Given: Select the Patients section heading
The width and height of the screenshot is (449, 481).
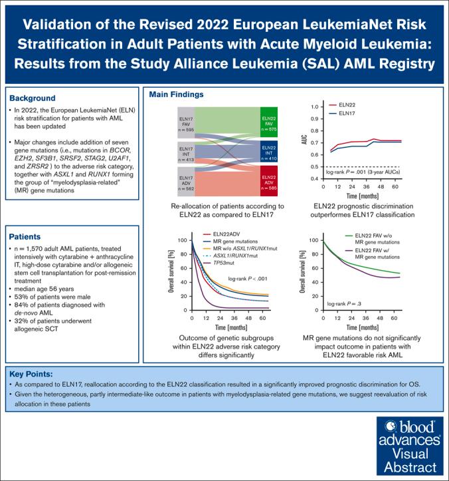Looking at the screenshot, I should click(28, 236).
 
